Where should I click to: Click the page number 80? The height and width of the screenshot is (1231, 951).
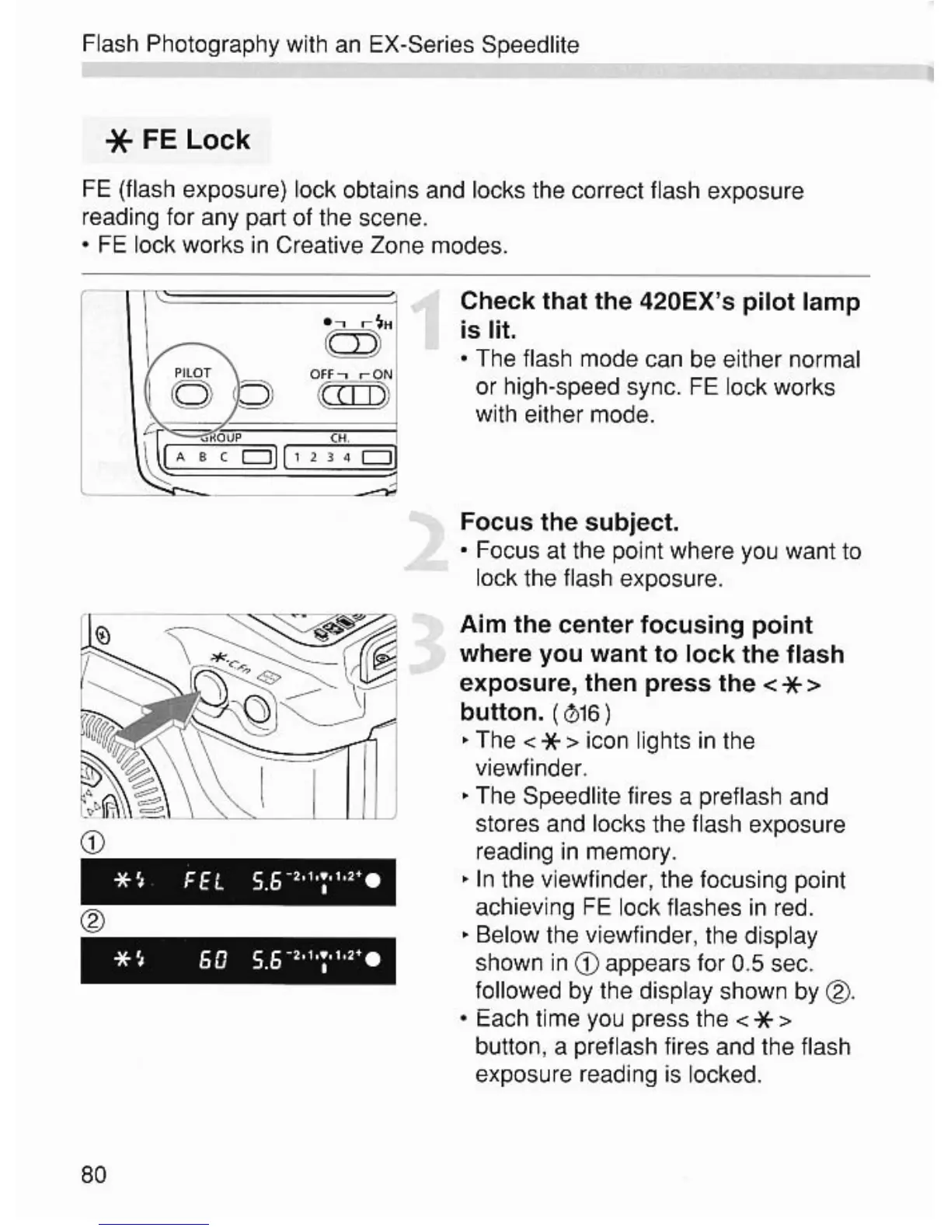pyautogui.click(x=93, y=1173)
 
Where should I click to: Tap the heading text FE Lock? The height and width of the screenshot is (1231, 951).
pyautogui.click(x=196, y=140)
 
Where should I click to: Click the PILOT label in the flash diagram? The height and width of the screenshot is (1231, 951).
pyautogui.click(x=192, y=373)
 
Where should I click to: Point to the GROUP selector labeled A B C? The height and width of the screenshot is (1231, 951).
pyautogui.click(x=217, y=457)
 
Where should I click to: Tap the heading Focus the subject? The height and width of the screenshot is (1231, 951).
pyautogui.click(x=569, y=521)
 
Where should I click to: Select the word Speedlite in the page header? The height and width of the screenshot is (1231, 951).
pyautogui.click(x=530, y=45)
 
